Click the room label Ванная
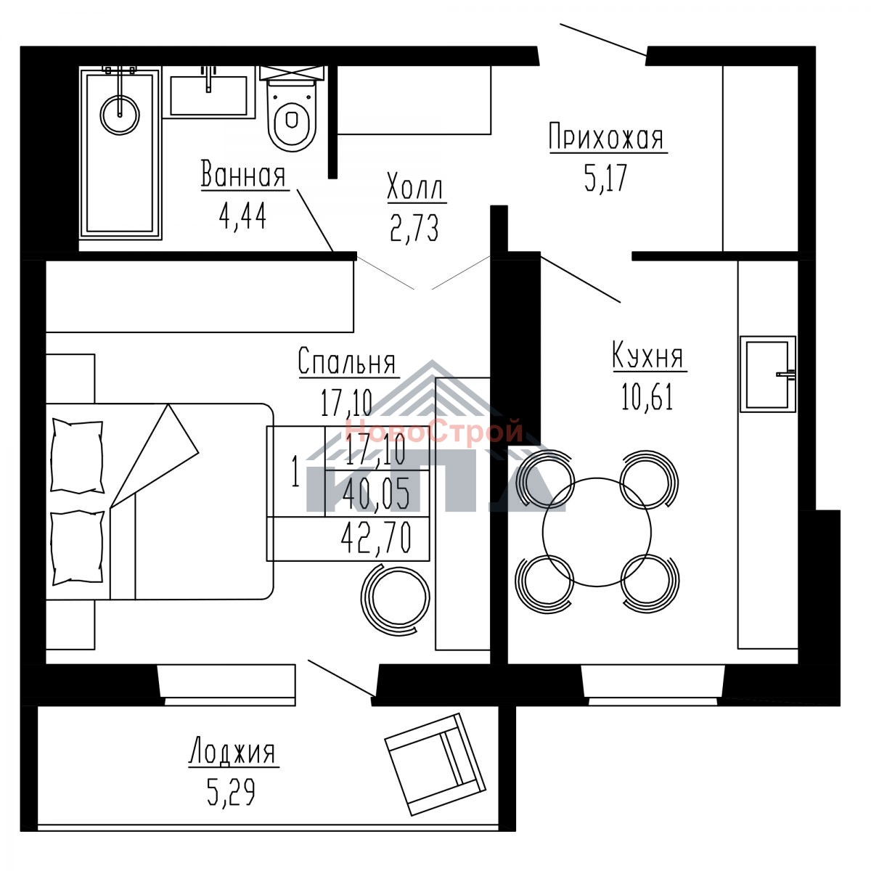pyautogui.click(x=243, y=173)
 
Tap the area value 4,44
pyautogui.click(x=242, y=216)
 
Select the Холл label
pyautogui.click(x=415, y=186)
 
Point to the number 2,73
pyautogui.click(x=414, y=228)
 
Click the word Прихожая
pyautogui.click(x=607, y=137)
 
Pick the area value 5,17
pyautogui.click(x=606, y=178)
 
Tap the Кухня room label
pyautogui.click(x=648, y=355)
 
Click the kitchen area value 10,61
pyautogui.click(x=647, y=396)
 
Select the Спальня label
pyautogui.click(x=347, y=361)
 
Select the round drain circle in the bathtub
pyautogui.click(x=120, y=115)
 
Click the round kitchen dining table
pyautogui.click(x=597, y=533)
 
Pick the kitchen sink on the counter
pyautogui.click(x=767, y=374)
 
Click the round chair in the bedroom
pyautogui.click(x=395, y=599)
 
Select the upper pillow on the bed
pyautogui.click(x=77, y=456)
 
